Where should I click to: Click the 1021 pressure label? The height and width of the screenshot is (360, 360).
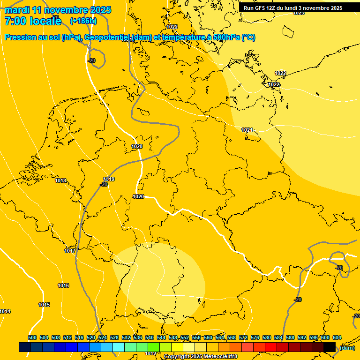[247, 130]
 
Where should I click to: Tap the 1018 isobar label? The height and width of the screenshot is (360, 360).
[60, 180]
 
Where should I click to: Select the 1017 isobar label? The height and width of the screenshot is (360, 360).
[70, 251]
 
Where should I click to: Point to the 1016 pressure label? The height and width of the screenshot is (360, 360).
[63, 285]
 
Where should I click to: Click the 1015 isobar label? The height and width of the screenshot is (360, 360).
[44, 305]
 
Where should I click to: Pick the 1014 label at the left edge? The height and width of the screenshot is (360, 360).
[5, 311]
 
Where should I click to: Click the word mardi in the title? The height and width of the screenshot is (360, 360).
[17, 10]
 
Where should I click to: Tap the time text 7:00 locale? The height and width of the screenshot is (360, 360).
[33, 21]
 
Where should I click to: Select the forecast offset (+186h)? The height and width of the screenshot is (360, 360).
[84, 21]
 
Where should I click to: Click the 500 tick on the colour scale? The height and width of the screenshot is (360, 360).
[32, 337]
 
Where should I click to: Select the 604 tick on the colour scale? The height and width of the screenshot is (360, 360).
[337, 337]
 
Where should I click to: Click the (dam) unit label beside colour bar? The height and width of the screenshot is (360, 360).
[347, 348]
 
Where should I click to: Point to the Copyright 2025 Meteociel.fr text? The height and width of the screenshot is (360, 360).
[201, 357]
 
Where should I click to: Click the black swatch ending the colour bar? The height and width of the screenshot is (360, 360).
[330, 347]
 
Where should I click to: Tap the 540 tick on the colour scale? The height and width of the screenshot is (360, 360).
[150, 337]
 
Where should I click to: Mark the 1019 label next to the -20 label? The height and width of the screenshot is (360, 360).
[109, 179]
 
